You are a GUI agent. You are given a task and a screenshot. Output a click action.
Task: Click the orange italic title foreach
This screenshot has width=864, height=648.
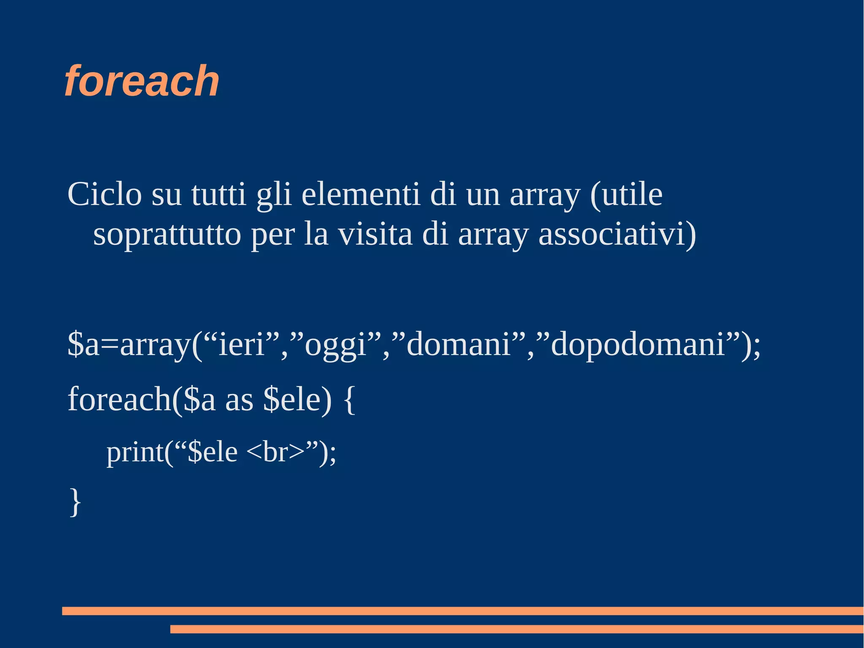pyautogui.click(x=142, y=81)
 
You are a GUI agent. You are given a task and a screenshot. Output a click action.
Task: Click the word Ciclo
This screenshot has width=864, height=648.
pyautogui.click(x=104, y=195)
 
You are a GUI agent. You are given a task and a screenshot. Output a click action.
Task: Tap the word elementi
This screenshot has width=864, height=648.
pyautogui.click(x=361, y=195)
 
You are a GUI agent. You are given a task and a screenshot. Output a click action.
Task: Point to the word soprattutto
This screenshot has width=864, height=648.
pyautogui.click(x=167, y=235)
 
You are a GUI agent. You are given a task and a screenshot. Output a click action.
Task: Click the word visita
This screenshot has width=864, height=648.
pyautogui.click(x=375, y=235)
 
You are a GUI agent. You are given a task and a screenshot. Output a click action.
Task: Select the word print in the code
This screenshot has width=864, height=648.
pyautogui.click(x=135, y=453)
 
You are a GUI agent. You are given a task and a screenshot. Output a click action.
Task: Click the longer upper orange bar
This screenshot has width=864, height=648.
pyautogui.click(x=462, y=611)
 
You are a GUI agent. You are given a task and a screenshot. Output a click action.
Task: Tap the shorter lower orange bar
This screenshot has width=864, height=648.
pyautogui.click(x=516, y=629)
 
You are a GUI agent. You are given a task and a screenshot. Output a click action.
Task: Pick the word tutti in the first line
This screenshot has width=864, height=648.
pyautogui.click(x=219, y=195)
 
